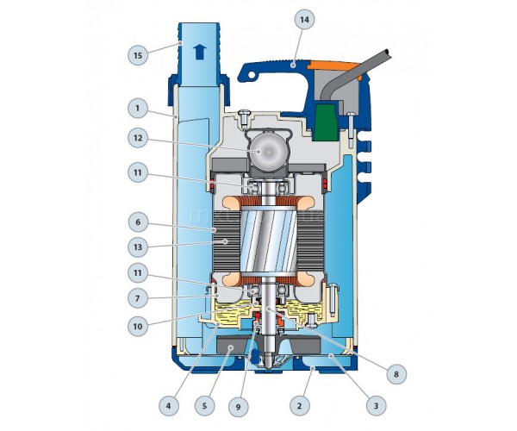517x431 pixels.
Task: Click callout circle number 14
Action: pyautogui.click(x=304, y=20)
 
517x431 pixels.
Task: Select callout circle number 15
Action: pyautogui.click(x=138, y=55)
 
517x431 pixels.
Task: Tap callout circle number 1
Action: pyautogui.click(x=138, y=108)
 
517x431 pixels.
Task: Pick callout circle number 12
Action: pyautogui.click(x=138, y=138)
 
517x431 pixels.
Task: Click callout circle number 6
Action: pyautogui.click(x=138, y=222)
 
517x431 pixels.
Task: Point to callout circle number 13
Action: pyautogui.click(x=138, y=247)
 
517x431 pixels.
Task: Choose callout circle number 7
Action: pyautogui.click(x=138, y=298)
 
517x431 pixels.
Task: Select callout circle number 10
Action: pyautogui.click(x=138, y=326)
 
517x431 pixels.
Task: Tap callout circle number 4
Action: pyautogui.click(x=169, y=406)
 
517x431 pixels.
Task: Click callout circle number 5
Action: pyautogui.click(x=204, y=406)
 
